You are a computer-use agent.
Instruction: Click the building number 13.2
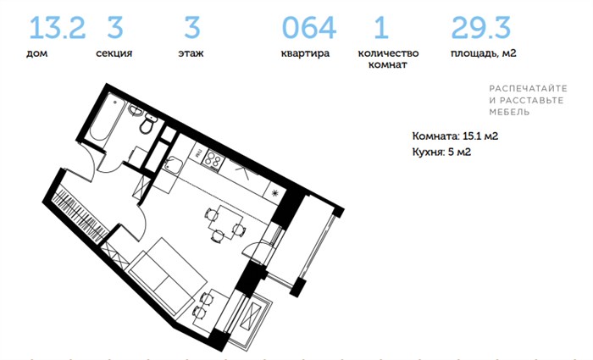(x=57, y=27)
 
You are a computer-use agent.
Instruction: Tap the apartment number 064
(x=309, y=27)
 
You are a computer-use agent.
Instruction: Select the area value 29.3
(x=480, y=27)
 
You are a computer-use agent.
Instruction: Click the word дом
(x=36, y=53)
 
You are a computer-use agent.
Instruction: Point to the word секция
(x=114, y=53)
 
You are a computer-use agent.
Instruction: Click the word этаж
(x=191, y=53)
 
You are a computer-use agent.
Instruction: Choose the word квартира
(x=305, y=53)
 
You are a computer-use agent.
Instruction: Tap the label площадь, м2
(x=484, y=53)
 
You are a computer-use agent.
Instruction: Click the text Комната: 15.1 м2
(x=455, y=136)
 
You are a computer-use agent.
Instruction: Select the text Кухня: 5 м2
(x=441, y=152)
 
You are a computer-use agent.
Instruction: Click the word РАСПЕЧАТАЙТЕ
(x=528, y=88)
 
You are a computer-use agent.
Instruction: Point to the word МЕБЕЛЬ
(x=509, y=112)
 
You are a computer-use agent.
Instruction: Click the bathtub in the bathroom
(x=108, y=118)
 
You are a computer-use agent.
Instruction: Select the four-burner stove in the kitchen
(x=213, y=160)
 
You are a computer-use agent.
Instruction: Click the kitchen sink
(x=173, y=164)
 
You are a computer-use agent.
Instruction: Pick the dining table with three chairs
(x=225, y=223)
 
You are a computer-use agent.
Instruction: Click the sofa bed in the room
(x=168, y=276)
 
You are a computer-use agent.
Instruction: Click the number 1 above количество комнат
(x=381, y=27)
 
